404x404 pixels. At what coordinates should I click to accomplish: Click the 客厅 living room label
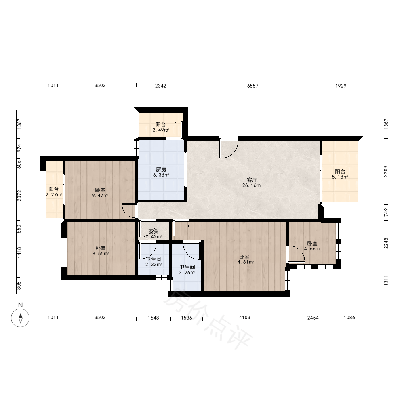click(x=252, y=180)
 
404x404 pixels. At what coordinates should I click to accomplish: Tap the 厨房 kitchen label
click(x=161, y=170)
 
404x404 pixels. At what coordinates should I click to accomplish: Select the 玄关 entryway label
click(x=154, y=231)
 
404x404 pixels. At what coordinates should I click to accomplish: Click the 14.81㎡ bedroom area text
click(x=244, y=262)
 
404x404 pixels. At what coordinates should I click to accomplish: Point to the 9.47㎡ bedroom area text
click(x=100, y=195)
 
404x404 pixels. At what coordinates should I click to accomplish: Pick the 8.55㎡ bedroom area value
click(x=100, y=254)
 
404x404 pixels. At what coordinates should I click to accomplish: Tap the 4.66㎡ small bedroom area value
click(x=312, y=249)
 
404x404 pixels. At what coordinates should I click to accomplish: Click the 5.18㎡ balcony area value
click(x=340, y=177)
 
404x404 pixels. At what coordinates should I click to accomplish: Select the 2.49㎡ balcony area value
click(x=160, y=130)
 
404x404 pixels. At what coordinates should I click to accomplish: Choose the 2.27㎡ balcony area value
click(x=54, y=195)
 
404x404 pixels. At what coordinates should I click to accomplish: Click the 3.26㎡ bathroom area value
click(x=187, y=273)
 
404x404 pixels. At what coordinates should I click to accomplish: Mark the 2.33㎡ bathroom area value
click(x=154, y=265)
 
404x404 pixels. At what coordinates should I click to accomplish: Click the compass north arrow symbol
click(x=20, y=318)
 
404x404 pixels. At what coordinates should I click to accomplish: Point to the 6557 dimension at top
click(x=253, y=86)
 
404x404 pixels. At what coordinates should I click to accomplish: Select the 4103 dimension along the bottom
click(x=244, y=318)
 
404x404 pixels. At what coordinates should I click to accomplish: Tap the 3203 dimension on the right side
click(x=386, y=171)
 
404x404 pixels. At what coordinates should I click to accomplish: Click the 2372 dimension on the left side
click(x=19, y=196)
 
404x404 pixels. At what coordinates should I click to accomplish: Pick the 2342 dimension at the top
click(x=160, y=86)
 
